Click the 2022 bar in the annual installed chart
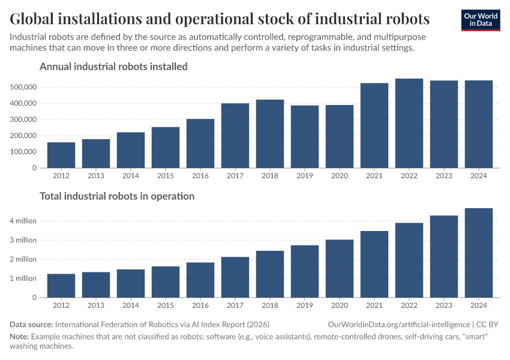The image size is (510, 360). click(x=409, y=124)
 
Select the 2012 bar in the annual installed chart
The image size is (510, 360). click(x=61, y=155)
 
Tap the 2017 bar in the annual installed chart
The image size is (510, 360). click(x=235, y=136)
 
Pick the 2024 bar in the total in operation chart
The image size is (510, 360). click(x=479, y=253)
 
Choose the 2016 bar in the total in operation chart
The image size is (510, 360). click(x=200, y=280)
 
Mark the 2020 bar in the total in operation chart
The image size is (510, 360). click(x=340, y=268)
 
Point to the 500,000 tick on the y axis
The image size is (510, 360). click(x=25, y=87)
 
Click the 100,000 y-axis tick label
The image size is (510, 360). click(x=25, y=152)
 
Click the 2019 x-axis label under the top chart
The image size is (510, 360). click(x=305, y=176)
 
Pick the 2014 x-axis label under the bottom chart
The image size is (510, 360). click(x=131, y=306)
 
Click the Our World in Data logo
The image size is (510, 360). click(x=481, y=20)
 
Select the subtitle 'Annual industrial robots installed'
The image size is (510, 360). click(x=113, y=67)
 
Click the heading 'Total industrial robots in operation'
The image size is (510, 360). click(x=117, y=196)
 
